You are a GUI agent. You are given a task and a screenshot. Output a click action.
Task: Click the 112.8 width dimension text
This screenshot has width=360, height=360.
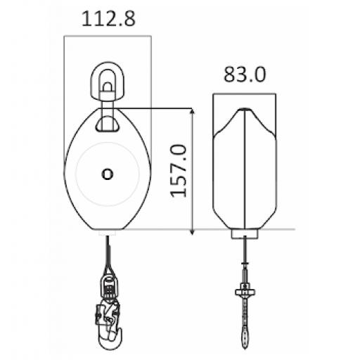(106, 18)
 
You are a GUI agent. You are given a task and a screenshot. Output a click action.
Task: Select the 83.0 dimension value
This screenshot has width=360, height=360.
(245, 75)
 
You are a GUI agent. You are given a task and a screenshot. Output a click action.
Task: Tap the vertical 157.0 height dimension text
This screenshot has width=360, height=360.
(179, 169)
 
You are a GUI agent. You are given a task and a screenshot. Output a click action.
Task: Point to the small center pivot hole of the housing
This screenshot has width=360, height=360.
(106, 172)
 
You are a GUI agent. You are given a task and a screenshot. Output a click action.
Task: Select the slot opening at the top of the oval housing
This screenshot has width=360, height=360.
(106, 124)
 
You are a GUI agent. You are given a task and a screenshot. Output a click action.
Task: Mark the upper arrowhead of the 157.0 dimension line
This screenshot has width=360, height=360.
(191, 112)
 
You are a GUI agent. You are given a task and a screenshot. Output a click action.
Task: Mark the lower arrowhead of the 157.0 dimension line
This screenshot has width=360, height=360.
(191, 226)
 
